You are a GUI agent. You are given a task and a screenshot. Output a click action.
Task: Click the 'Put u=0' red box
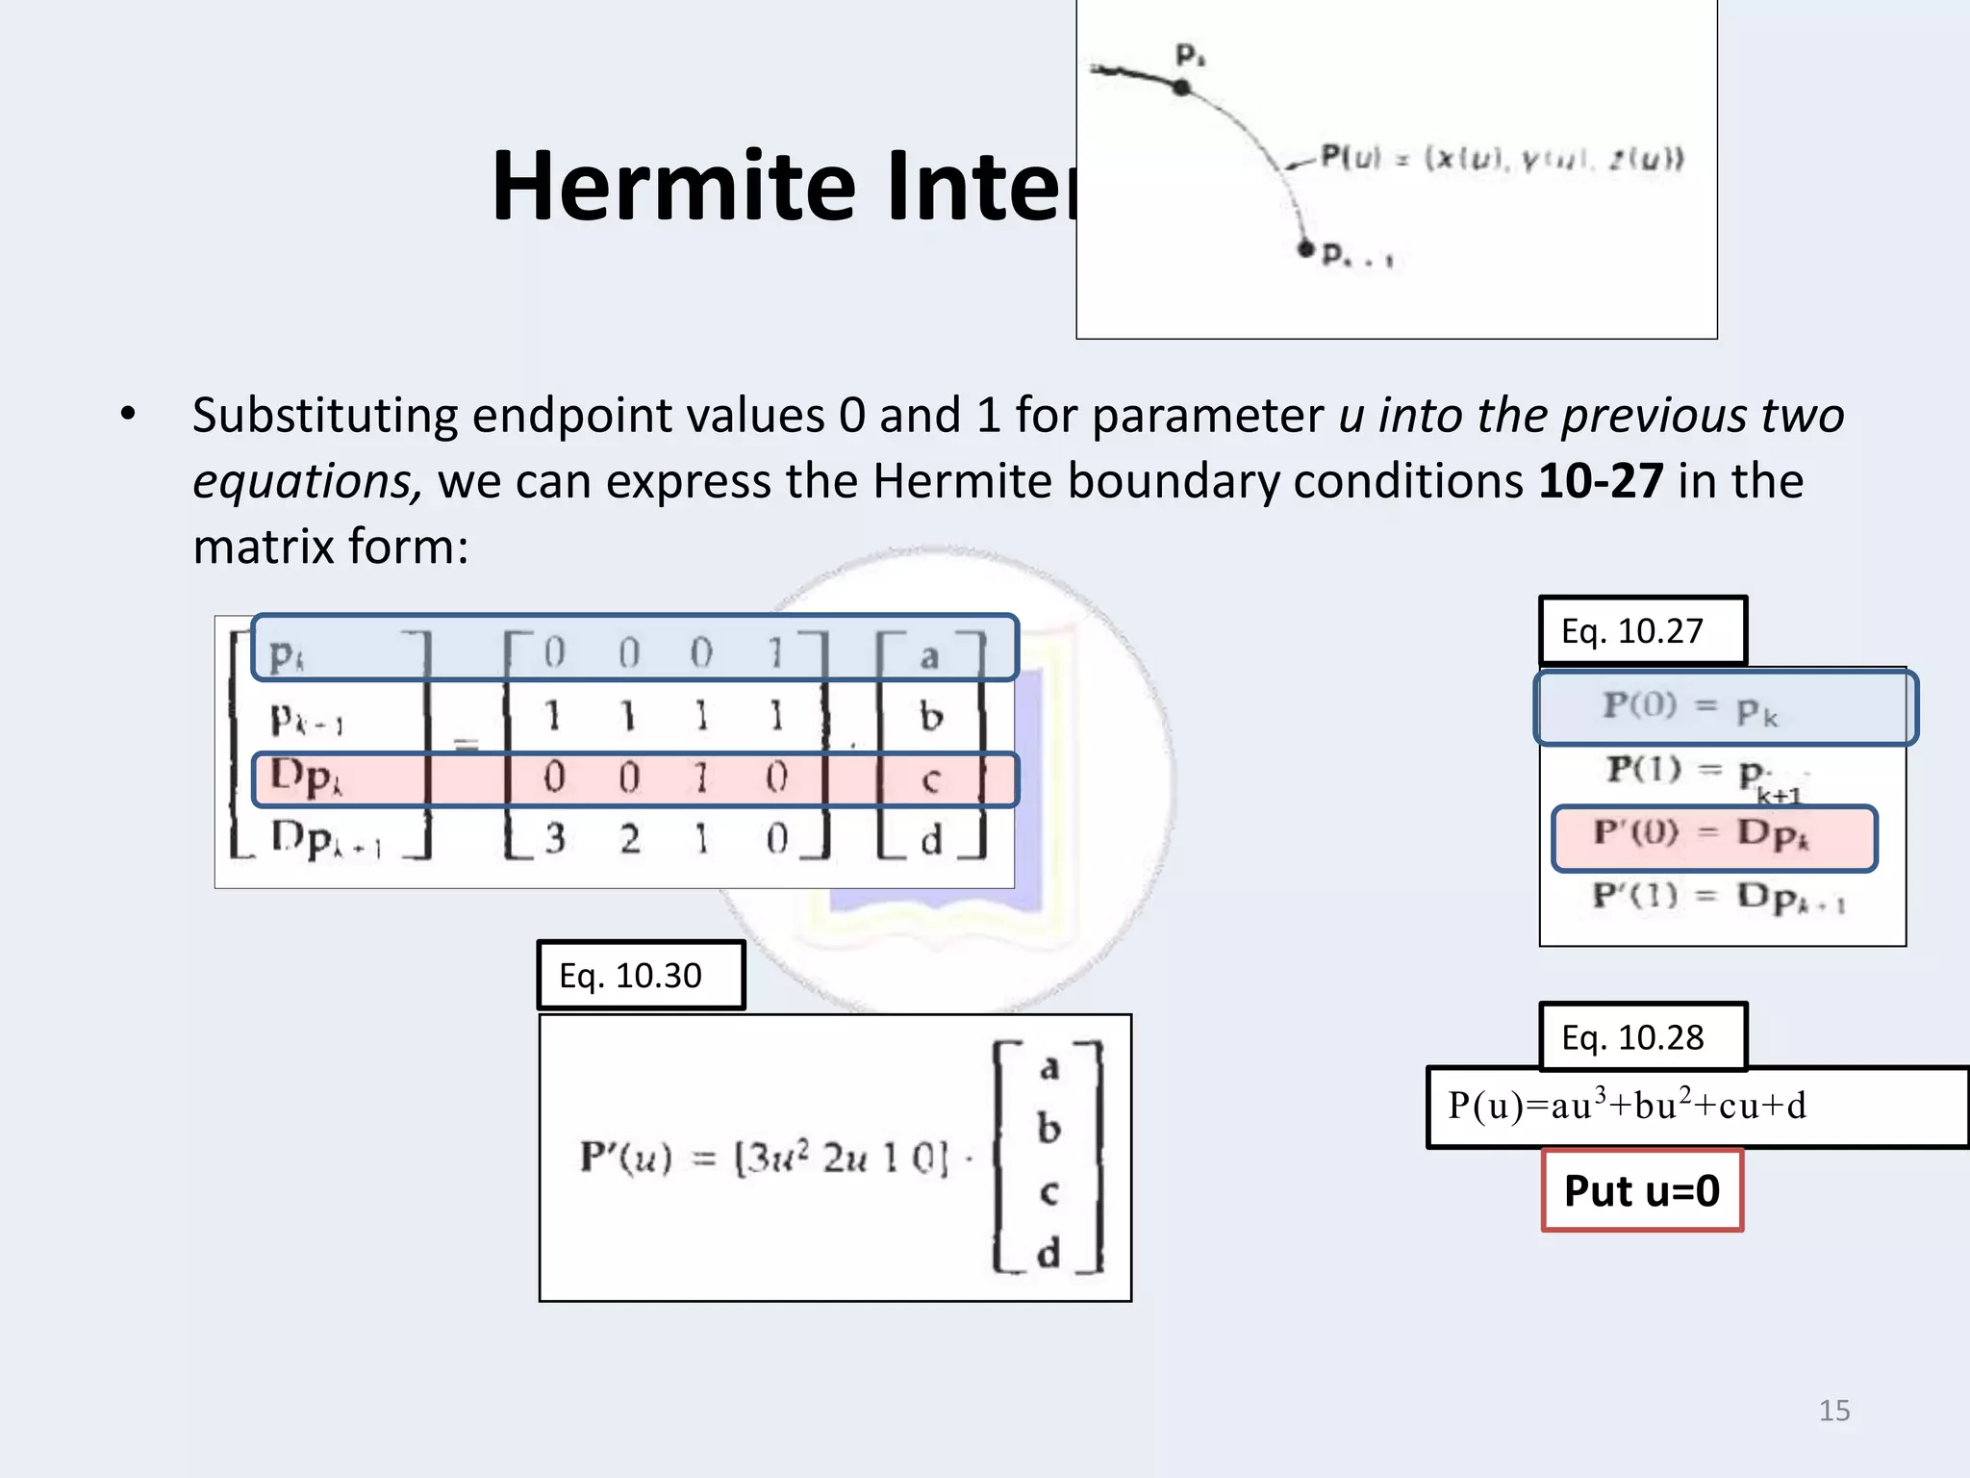(x=1642, y=1190)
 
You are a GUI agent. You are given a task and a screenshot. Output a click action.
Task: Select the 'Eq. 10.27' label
(x=1642, y=631)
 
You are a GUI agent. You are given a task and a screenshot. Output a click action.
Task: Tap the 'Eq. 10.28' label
(x=1642, y=1037)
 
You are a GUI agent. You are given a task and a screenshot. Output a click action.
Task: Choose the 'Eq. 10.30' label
(x=641, y=976)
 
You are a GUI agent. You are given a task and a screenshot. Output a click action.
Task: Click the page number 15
(x=1833, y=1411)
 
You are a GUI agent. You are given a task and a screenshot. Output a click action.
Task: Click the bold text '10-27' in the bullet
(x=1601, y=480)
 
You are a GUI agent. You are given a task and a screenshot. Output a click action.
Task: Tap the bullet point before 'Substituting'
(x=128, y=415)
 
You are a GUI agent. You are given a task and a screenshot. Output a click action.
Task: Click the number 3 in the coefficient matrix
(x=555, y=839)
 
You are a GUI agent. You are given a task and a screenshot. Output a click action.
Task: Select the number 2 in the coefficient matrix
(x=629, y=839)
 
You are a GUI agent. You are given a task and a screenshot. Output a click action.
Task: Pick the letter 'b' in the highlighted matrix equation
(x=930, y=717)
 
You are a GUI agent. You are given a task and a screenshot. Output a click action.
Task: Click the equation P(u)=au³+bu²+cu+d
(x=1628, y=1107)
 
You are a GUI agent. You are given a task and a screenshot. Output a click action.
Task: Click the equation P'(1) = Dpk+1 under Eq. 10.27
(x=1718, y=898)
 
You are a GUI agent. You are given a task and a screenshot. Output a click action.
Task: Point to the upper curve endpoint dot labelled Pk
(x=1182, y=88)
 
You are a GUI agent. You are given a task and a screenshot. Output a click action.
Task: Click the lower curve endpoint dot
(x=1305, y=249)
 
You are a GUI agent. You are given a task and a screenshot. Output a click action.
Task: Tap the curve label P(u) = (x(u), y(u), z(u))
(x=1502, y=158)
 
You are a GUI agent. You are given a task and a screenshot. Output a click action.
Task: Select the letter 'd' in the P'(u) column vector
(x=1048, y=1253)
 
